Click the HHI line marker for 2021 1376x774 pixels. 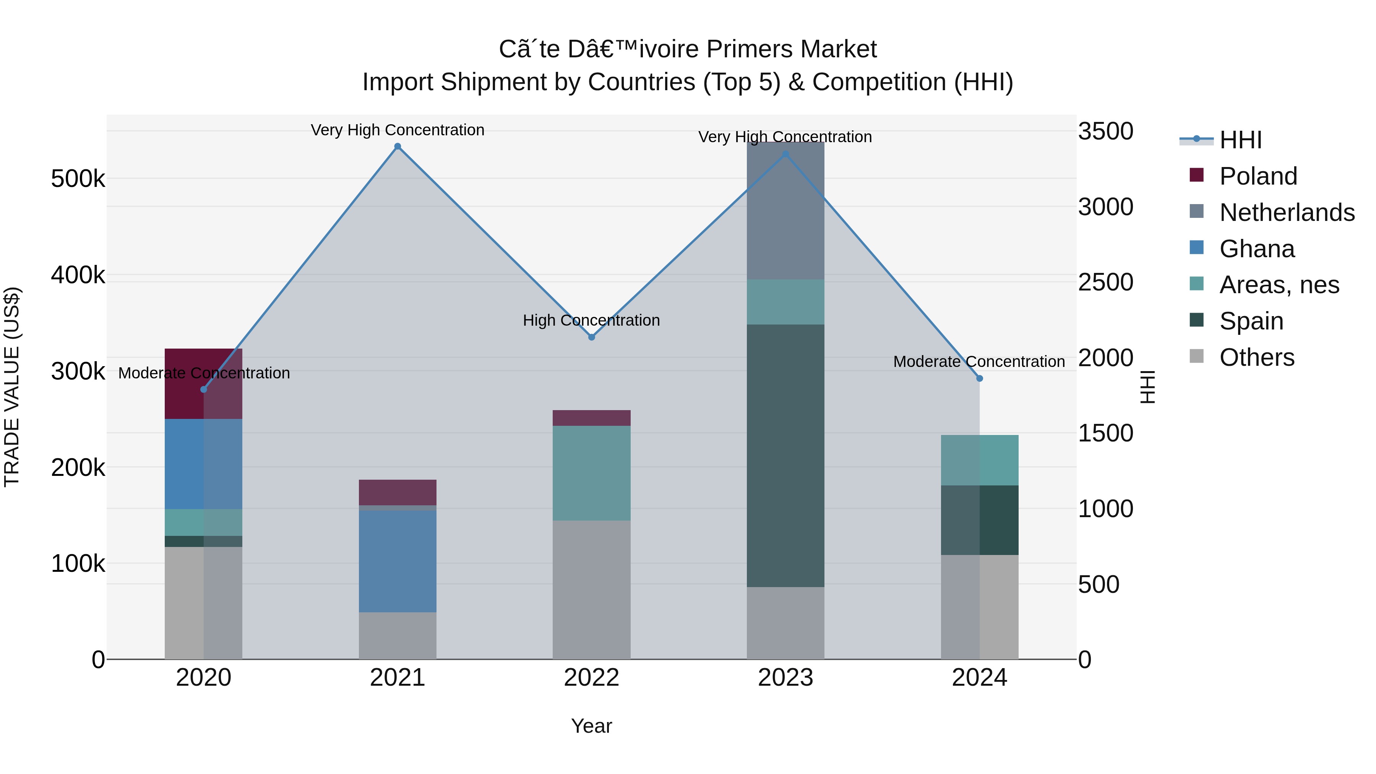click(x=398, y=146)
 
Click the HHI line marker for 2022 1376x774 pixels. click(x=591, y=337)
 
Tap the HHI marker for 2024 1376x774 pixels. click(x=980, y=378)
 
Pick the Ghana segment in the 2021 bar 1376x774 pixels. click(x=398, y=561)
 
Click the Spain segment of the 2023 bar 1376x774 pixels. click(x=785, y=455)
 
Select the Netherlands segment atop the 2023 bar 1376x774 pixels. click(x=785, y=211)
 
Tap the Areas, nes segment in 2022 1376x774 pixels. click(x=591, y=473)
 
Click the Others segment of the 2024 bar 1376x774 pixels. click(x=980, y=607)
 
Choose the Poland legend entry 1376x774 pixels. click(x=1258, y=176)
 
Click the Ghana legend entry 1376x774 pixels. click(x=1257, y=249)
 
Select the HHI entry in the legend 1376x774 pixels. click(x=1240, y=140)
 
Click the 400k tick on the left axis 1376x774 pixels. click(x=78, y=275)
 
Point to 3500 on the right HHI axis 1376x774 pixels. click(x=1105, y=131)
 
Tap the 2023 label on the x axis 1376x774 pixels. click(x=785, y=678)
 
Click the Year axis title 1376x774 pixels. click(x=591, y=726)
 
